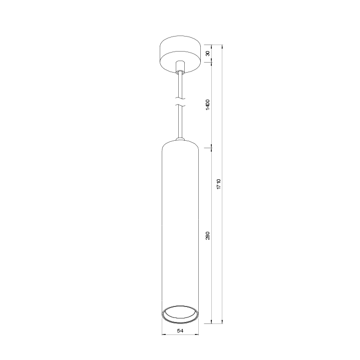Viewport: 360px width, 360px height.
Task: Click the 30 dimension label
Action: [208, 54]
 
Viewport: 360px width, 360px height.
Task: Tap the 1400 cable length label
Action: [208, 105]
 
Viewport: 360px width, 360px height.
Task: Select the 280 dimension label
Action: [208, 236]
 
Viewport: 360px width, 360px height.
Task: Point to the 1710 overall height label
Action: [219, 184]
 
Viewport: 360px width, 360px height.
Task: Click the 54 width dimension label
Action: [180, 330]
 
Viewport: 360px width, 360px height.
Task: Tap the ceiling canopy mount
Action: [180, 54]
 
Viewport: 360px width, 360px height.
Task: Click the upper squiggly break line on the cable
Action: [180, 99]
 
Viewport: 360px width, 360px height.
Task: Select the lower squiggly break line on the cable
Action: [180, 105]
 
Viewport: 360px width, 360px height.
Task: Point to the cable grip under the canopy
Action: [180, 67]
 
